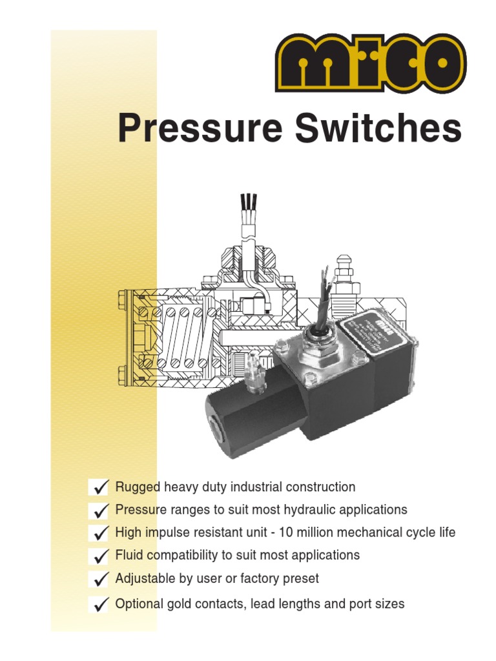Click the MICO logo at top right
pyautogui.click(x=369, y=64)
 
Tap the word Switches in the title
pyautogui.click(x=378, y=128)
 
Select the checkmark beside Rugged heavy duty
pyautogui.click(x=100, y=487)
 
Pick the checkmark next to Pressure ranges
pyautogui.click(x=100, y=511)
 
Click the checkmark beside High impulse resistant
pyautogui.click(x=100, y=534)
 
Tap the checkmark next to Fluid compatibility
pyautogui.click(x=100, y=556)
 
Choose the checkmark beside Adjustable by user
pyautogui.click(x=100, y=580)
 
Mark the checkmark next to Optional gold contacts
pyautogui.click(x=100, y=605)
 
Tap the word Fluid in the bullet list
pyautogui.click(x=128, y=555)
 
